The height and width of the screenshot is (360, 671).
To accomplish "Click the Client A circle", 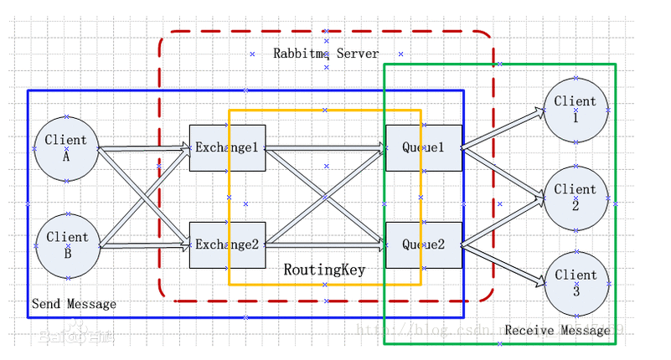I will tap(66, 148).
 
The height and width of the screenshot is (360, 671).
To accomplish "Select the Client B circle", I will tap(67, 245).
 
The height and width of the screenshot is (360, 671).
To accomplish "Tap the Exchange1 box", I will tap(227, 147).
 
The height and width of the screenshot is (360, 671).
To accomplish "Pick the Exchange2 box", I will tap(227, 244).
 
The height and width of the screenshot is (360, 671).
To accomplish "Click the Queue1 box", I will tap(423, 147).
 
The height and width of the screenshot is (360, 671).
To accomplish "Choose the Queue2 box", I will tap(423, 244).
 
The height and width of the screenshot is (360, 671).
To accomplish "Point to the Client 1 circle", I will tap(576, 110).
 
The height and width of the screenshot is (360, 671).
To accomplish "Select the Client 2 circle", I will tap(576, 198).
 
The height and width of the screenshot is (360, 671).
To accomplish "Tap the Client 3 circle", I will tap(576, 283).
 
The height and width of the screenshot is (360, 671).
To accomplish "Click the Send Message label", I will tap(74, 304).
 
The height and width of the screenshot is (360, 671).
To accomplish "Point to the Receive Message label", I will tap(557, 331).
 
